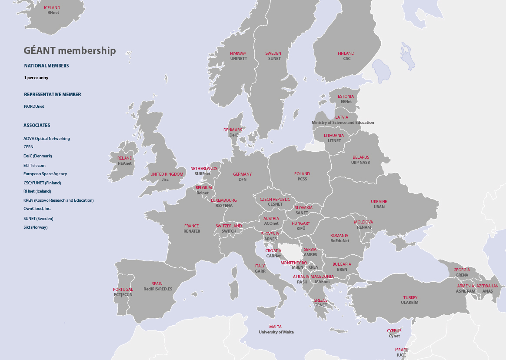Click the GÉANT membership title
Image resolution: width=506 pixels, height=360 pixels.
pyautogui.click(x=70, y=51)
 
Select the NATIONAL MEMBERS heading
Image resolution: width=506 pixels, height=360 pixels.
pyautogui.click(x=46, y=66)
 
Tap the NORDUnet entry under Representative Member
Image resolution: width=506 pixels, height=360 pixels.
pyautogui.click(x=34, y=107)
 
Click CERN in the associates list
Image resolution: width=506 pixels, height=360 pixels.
pyautogui.click(x=29, y=147)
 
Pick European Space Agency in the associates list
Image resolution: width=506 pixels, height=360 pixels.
pyautogui.click(x=45, y=174)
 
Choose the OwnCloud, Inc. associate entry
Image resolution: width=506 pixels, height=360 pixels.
pyautogui.click(x=37, y=209)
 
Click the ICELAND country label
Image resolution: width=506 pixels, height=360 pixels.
pyautogui.click(x=52, y=8)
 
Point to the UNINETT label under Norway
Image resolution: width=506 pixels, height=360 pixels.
pyautogui.click(x=238, y=59)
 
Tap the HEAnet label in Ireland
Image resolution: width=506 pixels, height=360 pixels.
pyautogui.click(x=124, y=163)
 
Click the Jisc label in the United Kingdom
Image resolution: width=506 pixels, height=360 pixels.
pyautogui.click(x=165, y=179)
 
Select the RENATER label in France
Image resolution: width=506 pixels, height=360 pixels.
pyautogui.click(x=192, y=231)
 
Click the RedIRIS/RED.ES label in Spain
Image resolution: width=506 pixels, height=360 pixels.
pyautogui.click(x=158, y=289)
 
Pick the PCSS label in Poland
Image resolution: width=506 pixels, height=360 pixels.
pyautogui.click(x=302, y=179)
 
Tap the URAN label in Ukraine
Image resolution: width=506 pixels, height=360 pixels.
pyautogui.click(x=379, y=207)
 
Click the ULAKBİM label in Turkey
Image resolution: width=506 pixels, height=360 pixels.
pyautogui.click(x=409, y=303)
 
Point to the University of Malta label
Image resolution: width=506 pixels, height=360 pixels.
pyautogui.click(x=276, y=332)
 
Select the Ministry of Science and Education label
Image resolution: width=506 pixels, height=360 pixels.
pyautogui.click(x=343, y=123)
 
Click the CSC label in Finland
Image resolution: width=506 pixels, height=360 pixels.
pyautogui.click(x=346, y=59)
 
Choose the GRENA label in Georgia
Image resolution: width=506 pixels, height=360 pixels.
pyautogui.click(x=462, y=275)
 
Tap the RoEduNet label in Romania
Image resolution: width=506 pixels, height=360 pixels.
pyautogui.click(x=340, y=241)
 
